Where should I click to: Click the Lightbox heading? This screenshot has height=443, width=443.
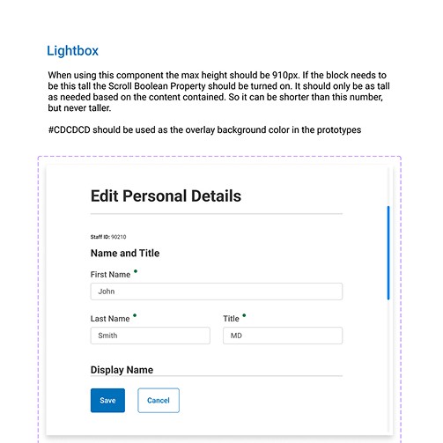click(x=74, y=52)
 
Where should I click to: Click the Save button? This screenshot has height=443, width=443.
click(x=107, y=400)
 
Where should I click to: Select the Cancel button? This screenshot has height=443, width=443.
click(x=159, y=400)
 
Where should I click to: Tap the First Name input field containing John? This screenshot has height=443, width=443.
click(x=216, y=292)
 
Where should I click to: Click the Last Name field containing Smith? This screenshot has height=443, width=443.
click(x=150, y=336)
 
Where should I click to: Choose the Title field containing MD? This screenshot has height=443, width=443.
click(x=282, y=336)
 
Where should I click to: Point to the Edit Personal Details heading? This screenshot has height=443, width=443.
click(x=166, y=196)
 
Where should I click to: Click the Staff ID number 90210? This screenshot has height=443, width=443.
click(x=119, y=237)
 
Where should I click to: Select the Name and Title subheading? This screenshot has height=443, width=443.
click(x=125, y=254)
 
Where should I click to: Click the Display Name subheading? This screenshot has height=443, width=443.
click(x=122, y=371)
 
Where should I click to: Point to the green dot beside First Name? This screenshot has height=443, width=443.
click(x=136, y=271)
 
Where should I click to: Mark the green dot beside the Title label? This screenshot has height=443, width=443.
click(x=244, y=315)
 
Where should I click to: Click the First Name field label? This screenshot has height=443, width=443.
click(x=110, y=275)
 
